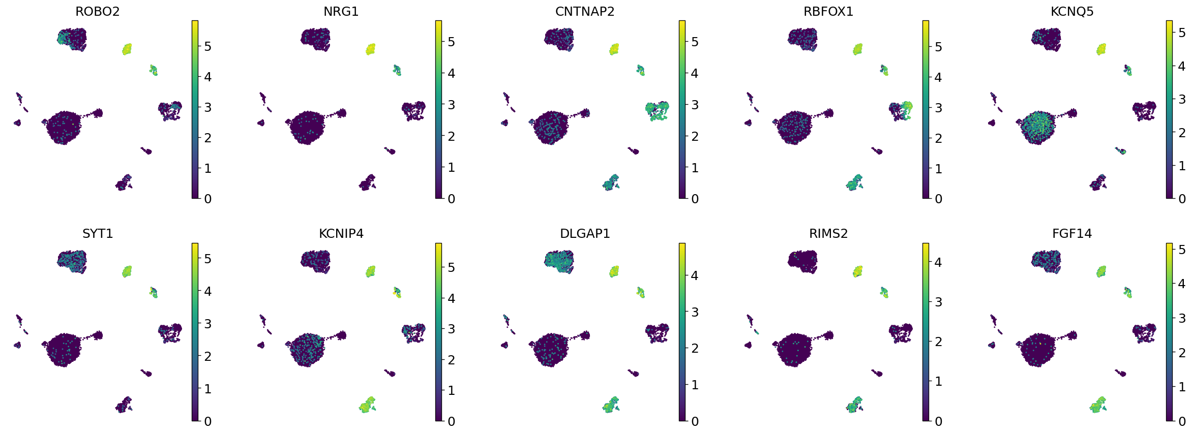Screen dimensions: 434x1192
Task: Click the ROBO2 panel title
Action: coord(97,11)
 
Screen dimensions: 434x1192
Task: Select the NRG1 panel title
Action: coord(341,11)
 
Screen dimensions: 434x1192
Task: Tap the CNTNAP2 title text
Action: coord(584,11)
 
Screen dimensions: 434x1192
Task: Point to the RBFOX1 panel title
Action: coord(828,11)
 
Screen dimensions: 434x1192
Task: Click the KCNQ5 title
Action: coord(1072,11)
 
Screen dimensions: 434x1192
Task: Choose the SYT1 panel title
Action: coord(97,233)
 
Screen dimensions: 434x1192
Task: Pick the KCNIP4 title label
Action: coord(341,233)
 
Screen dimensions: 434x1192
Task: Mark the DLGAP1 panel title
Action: coord(584,233)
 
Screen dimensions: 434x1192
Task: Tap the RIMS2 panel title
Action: coord(828,233)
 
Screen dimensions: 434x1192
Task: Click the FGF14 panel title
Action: coord(1072,233)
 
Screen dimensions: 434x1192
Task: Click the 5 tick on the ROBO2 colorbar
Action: coord(207,46)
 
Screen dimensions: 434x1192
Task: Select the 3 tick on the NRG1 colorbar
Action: coord(451,105)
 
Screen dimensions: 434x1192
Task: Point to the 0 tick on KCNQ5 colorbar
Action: coord(1182,199)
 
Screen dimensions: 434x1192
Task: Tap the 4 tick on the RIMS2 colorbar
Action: coord(938,262)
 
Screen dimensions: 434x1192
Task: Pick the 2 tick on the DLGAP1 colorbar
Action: coord(695,348)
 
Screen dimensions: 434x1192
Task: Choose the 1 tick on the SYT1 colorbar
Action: coord(207,389)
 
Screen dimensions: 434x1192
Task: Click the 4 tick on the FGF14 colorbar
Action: coord(1182,284)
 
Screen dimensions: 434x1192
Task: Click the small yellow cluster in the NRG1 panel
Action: coord(371,49)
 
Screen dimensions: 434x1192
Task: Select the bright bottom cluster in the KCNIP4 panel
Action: coord(367,405)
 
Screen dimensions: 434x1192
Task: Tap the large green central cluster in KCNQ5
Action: coord(1038,127)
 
